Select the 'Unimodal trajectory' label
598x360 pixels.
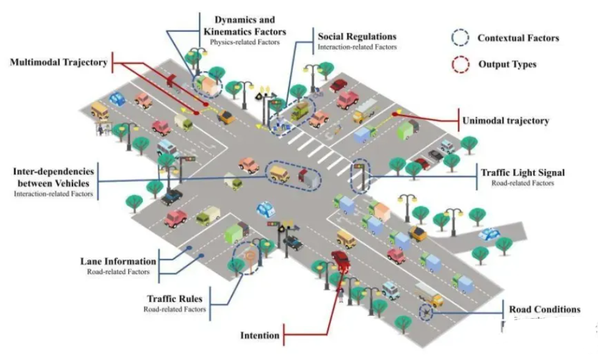[x=505, y=120]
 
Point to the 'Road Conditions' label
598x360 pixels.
[x=544, y=309]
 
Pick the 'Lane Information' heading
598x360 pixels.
[x=118, y=261]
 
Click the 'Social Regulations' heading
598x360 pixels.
[x=357, y=37]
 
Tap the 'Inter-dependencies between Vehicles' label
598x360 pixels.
[x=54, y=177]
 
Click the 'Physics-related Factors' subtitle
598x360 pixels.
[x=244, y=43]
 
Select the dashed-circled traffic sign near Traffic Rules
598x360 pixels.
[x=248, y=257]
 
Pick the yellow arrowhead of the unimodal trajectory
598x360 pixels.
[x=395, y=114]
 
